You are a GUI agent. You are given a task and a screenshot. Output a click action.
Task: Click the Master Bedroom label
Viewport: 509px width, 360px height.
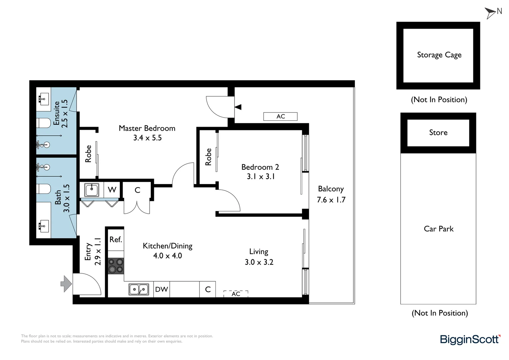point(147,128)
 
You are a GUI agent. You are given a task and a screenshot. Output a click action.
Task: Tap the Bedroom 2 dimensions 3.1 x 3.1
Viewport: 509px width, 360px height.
point(260,177)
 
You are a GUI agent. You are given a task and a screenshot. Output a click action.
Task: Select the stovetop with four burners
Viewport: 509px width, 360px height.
point(116,266)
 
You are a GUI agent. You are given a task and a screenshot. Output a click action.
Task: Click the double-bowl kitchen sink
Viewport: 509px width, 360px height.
point(139,289)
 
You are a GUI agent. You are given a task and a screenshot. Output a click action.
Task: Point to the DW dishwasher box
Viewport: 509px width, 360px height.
point(162,289)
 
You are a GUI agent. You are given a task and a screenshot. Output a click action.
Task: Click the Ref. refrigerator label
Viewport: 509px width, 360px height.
point(116,240)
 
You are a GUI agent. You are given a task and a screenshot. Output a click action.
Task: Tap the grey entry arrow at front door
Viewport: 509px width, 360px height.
point(66,284)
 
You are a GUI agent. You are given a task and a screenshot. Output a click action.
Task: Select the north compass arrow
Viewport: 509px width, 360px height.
point(491,13)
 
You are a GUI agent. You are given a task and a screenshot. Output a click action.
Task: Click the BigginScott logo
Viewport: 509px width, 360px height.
point(470,339)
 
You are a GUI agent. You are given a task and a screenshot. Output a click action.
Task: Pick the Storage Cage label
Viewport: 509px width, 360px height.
point(439,55)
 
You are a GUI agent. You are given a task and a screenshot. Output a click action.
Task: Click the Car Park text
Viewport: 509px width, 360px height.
point(438,229)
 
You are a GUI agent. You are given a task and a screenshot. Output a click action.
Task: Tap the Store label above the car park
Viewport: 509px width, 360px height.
point(438,133)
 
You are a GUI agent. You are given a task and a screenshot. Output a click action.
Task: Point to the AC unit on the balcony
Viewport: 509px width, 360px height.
point(280,116)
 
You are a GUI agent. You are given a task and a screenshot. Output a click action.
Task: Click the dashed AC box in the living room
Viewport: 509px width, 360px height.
point(236,294)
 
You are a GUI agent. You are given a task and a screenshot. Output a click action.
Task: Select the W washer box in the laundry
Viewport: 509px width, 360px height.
point(112,190)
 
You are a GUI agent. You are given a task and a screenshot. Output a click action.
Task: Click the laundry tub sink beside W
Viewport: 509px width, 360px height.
point(92,190)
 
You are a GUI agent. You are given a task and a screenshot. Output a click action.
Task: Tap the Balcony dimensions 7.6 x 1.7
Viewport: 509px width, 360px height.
point(331,200)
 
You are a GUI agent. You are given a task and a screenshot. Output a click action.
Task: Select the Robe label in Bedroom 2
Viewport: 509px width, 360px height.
point(209,157)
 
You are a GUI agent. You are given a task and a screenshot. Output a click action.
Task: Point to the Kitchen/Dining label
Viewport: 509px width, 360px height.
point(168,246)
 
